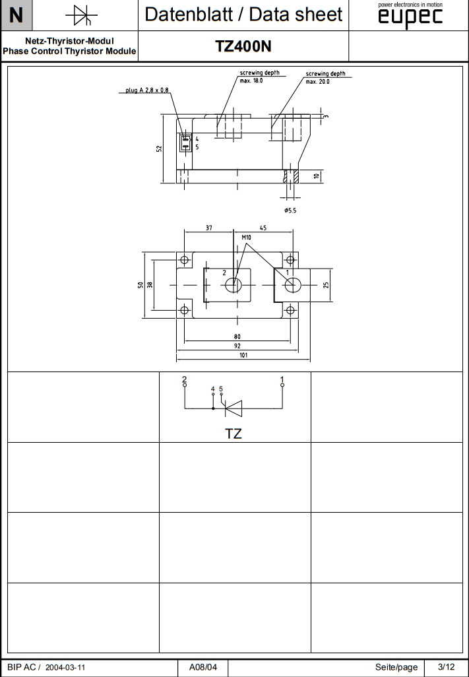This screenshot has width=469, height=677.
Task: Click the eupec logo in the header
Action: [x=410, y=18]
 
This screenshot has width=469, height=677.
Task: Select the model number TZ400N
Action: [x=243, y=46]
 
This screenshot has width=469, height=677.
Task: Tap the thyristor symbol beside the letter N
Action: [x=82, y=15]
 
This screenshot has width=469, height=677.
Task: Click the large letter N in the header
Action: [x=16, y=15]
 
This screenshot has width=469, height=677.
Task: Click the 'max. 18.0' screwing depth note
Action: [x=251, y=80]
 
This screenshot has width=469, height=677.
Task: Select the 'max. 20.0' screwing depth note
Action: [x=317, y=81]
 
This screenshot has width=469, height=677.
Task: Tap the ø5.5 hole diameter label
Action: [x=292, y=210]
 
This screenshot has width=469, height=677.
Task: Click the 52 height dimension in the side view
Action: [x=159, y=148]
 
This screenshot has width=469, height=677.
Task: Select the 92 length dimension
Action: [x=237, y=346]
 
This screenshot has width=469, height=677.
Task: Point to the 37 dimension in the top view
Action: [x=208, y=228]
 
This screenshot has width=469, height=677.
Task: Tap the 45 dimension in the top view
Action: [x=263, y=228]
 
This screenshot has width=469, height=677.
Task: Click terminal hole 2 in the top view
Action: [x=233, y=285]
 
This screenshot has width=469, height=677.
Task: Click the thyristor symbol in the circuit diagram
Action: [x=233, y=409]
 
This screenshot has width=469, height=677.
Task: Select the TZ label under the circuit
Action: [x=234, y=434]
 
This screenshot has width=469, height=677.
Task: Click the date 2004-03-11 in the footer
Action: [x=65, y=667]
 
